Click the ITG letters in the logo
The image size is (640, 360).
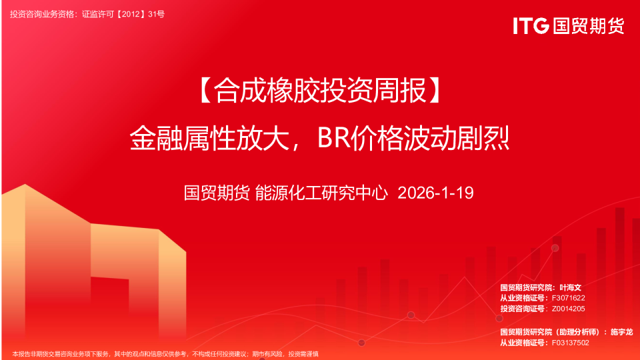pos(531,26)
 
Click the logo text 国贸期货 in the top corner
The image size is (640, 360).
pos(587,26)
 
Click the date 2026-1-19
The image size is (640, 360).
pos(435,193)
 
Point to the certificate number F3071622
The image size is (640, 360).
pos(569,298)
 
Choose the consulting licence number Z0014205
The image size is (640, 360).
pos(569,309)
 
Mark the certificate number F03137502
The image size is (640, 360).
pos(571,342)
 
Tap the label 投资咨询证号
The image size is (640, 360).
pos(523,309)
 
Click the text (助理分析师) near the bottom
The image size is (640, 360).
pos(581,331)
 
